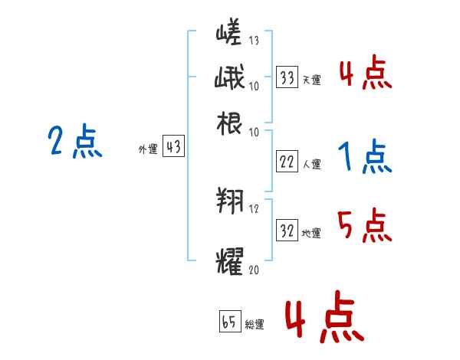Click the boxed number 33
[x=287, y=77]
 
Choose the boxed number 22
[x=287, y=161]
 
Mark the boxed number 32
[x=287, y=231]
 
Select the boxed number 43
[x=174, y=147]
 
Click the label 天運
[x=311, y=80]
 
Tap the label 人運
[x=311, y=163]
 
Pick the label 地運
[x=311, y=233]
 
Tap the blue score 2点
[x=74, y=142]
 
